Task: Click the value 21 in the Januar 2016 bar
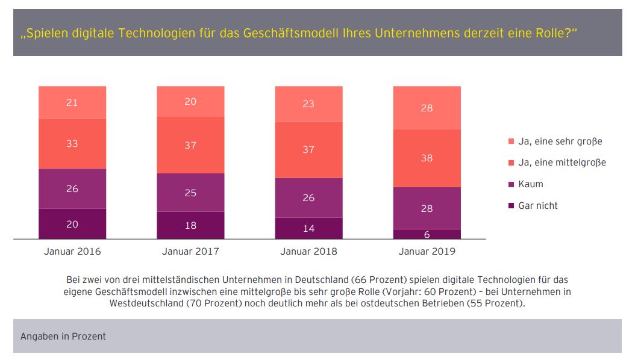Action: tap(72, 102)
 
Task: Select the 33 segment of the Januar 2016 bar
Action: tap(72, 143)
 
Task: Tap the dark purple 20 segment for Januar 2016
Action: tap(72, 224)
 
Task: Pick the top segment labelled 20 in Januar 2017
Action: tap(190, 102)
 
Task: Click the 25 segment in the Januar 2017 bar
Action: tap(190, 193)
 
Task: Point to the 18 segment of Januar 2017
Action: tap(190, 225)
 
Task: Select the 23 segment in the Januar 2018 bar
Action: tap(308, 104)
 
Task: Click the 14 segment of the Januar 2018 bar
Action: tap(308, 228)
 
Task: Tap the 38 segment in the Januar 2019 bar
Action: tap(427, 158)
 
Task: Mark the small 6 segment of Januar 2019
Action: tap(427, 234)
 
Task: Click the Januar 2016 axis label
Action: tap(72, 251)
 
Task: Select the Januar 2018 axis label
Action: tap(308, 251)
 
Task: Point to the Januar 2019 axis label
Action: tap(427, 251)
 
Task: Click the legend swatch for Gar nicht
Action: tap(511, 206)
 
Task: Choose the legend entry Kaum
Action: tap(530, 184)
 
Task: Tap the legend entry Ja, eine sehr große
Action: tap(560, 141)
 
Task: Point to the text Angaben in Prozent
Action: tap(63, 336)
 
